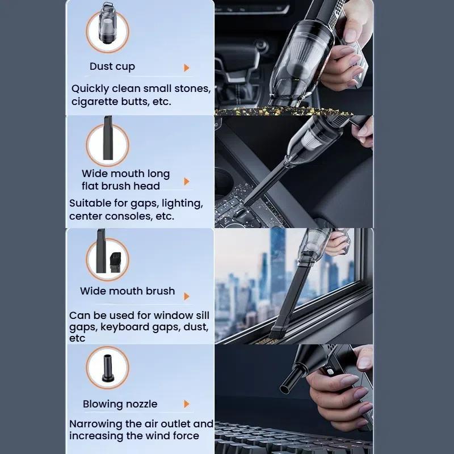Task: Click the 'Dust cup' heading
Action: tap(112, 66)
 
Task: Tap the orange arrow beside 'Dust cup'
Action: tap(187, 68)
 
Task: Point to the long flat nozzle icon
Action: tap(108, 138)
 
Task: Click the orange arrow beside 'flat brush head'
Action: tap(187, 182)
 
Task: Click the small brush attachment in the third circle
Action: tap(116, 262)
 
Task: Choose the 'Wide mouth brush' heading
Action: tap(127, 291)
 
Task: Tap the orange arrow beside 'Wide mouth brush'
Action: tap(187, 296)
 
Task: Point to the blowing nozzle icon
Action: tap(107, 368)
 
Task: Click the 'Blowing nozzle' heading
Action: tap(120, 404)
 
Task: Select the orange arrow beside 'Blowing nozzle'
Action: tap(187, 404)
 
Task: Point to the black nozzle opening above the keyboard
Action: tap(285, 389)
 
